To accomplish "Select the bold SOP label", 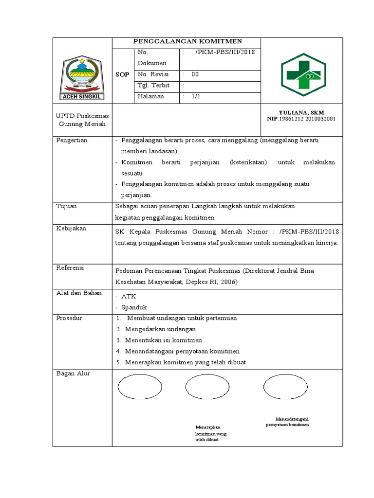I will tap(122, 74).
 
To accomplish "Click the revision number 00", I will tap(195, 74).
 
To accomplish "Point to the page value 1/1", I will tap(196, 96).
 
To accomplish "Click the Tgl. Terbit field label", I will tap(153, 85).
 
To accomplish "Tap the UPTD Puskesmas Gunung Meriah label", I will tap(82, 120).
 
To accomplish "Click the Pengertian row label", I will tap(72, 140).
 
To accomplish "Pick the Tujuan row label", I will tap(67, 206).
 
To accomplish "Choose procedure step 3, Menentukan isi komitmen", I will tap(163, 340).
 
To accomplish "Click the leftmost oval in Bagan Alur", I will tap(140, 386).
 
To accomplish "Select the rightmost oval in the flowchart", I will tap(286, 386).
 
